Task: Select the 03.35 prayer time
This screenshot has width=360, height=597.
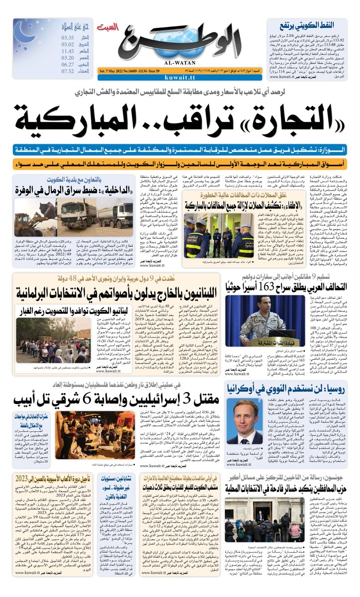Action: [x=68, y=37]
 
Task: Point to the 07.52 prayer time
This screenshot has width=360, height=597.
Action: [x=68, y=71]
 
